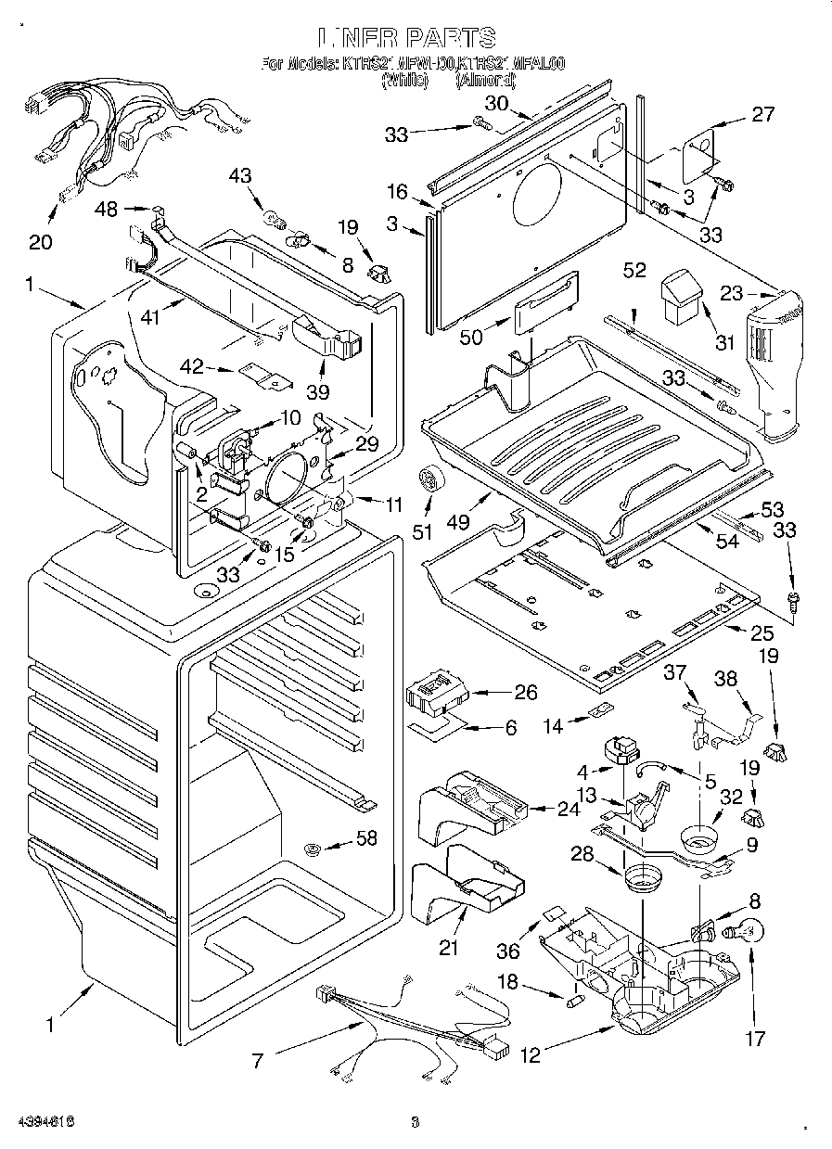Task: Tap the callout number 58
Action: [x=367, y=839]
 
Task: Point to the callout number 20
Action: [x=41, y=243]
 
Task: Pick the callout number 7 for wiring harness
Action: [x=258, y=1059]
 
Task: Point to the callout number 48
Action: [x=107, y=210]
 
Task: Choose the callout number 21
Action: [x=449, y=947]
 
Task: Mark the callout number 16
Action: [x=398, y=192]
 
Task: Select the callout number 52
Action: [x=635, y=270]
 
